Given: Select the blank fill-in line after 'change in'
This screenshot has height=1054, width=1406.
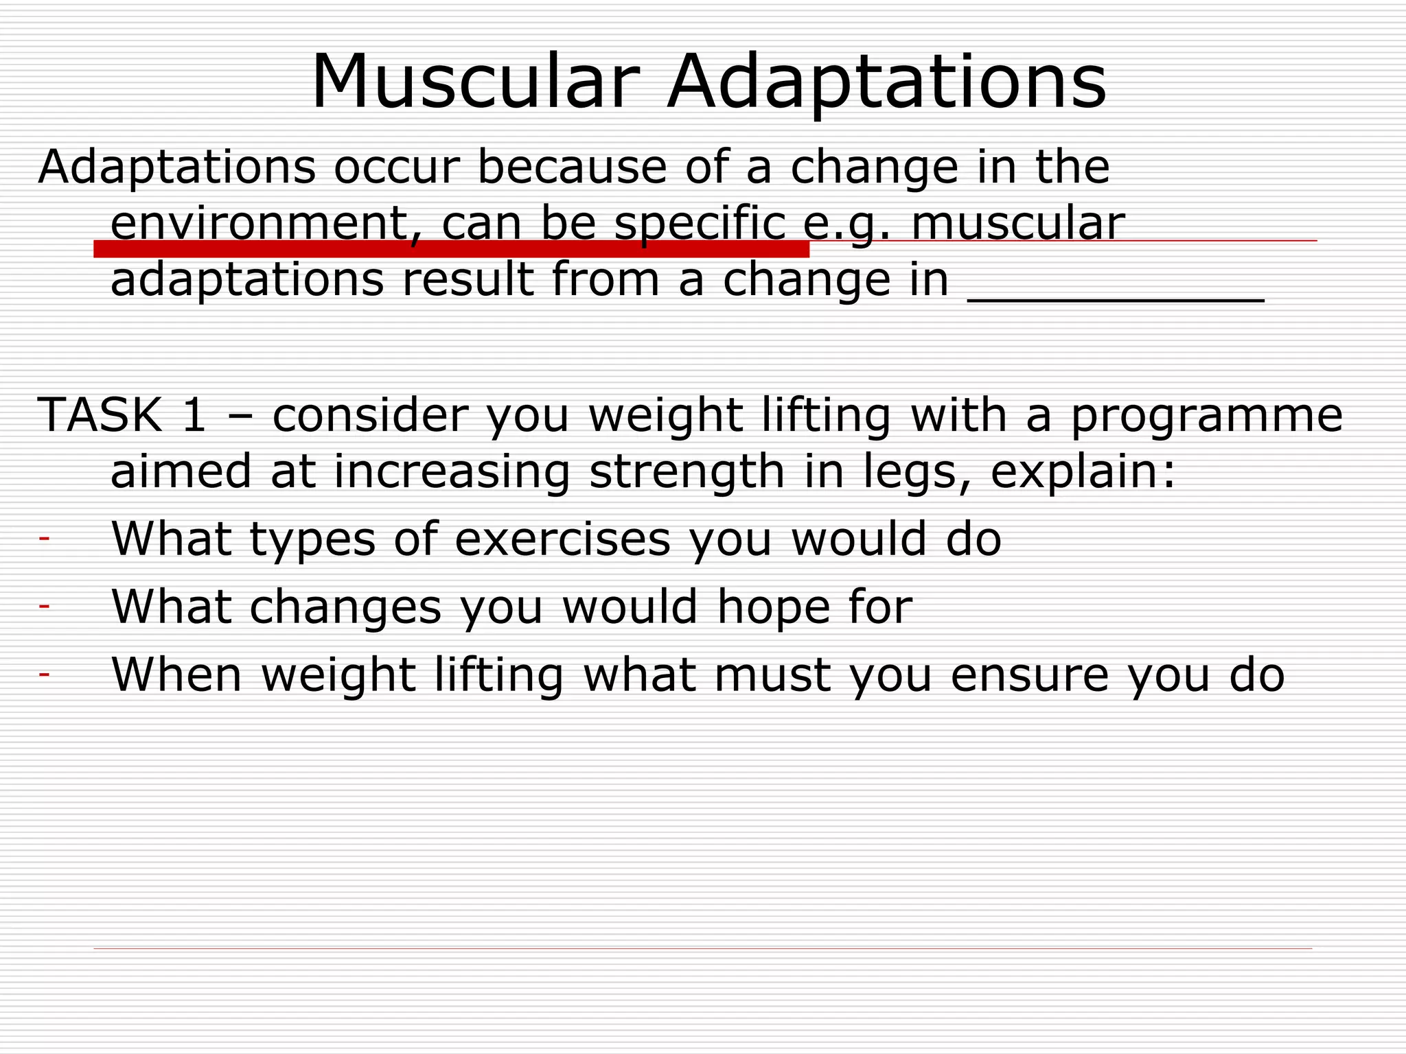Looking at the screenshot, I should [1116, 299].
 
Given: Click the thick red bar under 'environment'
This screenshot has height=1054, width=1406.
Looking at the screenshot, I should [451, 249].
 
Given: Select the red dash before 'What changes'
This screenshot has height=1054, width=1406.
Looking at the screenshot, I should [45, 607].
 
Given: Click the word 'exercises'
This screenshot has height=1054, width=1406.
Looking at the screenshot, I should [562, 539].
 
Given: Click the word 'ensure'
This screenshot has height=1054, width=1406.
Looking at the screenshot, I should [1029, 675].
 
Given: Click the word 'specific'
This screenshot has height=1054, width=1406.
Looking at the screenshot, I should [700, 225].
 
